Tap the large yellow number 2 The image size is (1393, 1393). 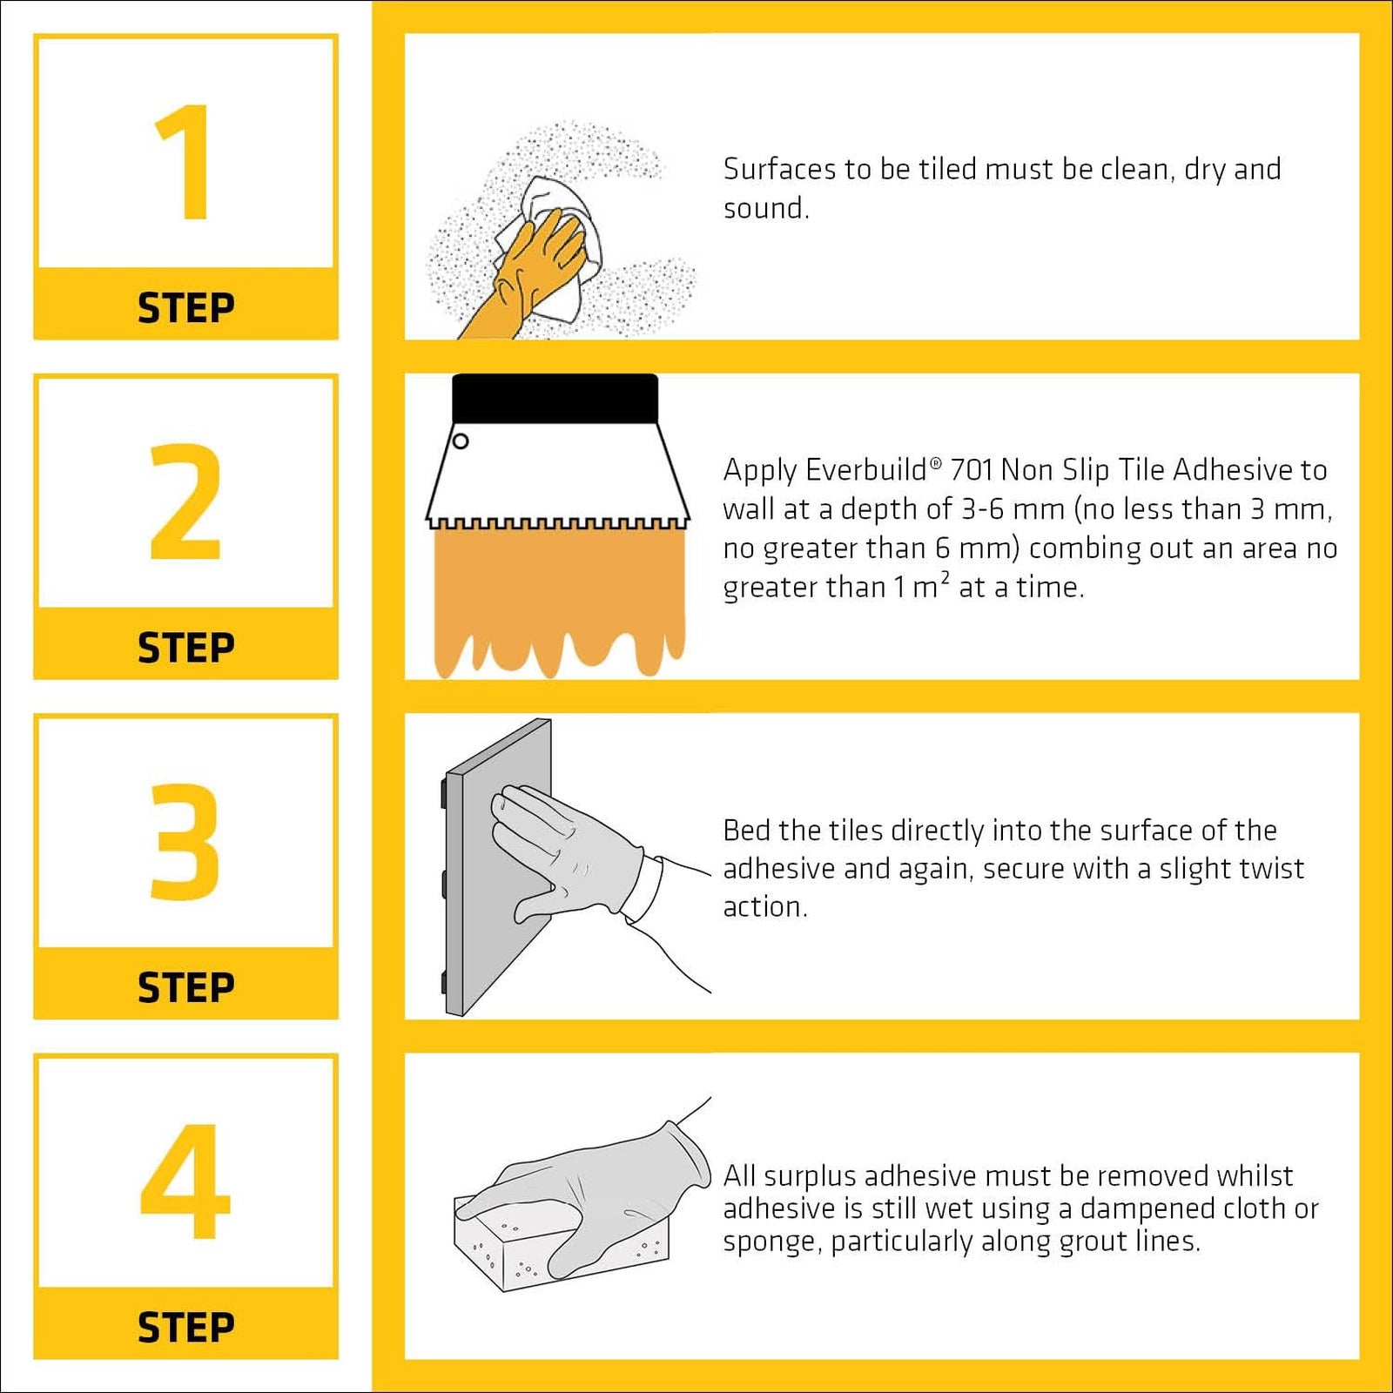(x=185, y=501)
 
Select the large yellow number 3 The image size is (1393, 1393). (x=184, y=841)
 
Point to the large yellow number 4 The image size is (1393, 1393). (x=185, y=1181)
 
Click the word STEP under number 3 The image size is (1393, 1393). (x=186, y=988)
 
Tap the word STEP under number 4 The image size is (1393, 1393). (x=186, y=1328)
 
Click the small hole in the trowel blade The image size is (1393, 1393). (x=461, y=441)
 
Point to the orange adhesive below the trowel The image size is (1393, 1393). (x=559, y=601)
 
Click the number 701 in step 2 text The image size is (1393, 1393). (x=972, y=470)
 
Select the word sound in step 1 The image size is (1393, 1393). (x=765, y=208)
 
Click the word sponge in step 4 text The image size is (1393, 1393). (x=771, y=1242)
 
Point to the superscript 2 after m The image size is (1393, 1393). (x=945, y=576)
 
